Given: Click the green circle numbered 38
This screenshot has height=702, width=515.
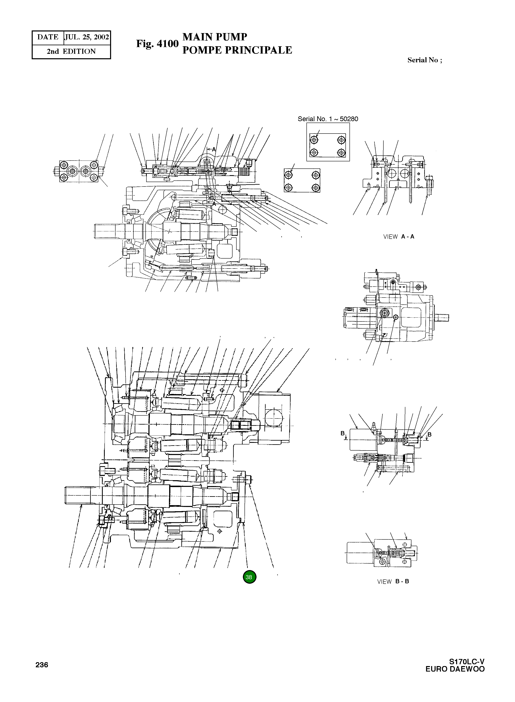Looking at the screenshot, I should coord(249,577).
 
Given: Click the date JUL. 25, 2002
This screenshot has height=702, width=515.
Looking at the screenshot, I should coord(87,37).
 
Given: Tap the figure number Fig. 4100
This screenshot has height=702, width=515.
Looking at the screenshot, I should coord(157,44).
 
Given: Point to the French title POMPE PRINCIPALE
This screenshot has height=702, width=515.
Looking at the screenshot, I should coord(237,50).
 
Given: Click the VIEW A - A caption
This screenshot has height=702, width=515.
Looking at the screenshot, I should coord(398,236).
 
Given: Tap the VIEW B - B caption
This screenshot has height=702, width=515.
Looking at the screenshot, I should coord(393,581).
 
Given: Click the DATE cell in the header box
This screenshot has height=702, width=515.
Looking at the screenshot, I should coord(48,37).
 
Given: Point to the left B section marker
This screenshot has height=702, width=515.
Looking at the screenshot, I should coord(343,433).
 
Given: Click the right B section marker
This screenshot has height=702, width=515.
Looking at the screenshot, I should coord(429,434).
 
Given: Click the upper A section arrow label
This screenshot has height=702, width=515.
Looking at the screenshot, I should coord(214,149).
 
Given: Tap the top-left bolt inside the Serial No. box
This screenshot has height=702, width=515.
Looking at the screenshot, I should coord(314,140).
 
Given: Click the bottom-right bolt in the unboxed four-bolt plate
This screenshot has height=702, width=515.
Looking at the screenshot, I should coord(316,188).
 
